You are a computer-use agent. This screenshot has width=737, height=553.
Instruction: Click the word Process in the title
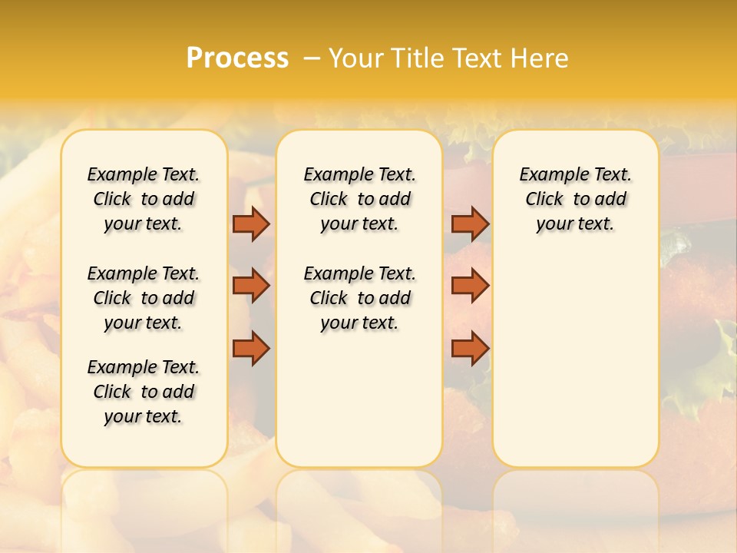[237, 58]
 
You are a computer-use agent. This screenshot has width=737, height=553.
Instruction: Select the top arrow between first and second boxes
[251, 224]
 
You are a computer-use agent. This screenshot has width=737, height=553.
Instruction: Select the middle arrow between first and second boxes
[251, 286]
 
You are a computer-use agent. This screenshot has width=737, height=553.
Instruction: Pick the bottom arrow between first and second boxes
[251, 349]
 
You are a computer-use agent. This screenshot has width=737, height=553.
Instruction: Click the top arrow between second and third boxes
[470, 224]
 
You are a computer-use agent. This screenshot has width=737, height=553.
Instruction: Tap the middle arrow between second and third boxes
[470, 286]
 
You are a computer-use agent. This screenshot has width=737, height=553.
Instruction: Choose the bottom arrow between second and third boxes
[470, 349]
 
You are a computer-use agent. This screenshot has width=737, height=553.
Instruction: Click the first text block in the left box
[144, 199]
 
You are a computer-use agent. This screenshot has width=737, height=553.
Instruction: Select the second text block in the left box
[144, 298]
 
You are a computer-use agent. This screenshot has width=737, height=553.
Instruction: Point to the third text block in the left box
[144, 392]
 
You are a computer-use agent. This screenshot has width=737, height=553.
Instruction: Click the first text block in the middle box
[359, 199]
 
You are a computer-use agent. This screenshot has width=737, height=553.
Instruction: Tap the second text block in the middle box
[359, 298]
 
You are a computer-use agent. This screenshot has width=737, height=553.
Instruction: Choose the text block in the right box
[575, 199]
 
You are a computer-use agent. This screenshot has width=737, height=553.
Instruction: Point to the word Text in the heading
[480, 58]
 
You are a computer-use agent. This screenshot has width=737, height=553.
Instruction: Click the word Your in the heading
[357, 58]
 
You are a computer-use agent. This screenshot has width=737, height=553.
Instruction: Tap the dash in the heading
[312, 58]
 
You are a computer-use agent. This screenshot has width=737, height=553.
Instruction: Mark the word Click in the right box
[544, 200]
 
